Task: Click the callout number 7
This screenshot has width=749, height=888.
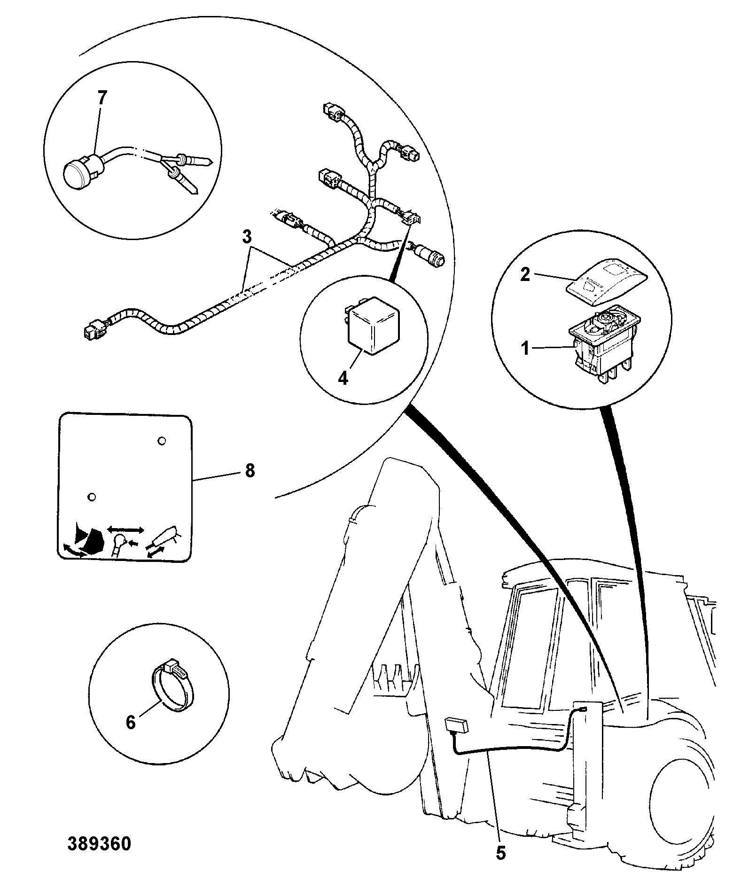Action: [x=101, y=99]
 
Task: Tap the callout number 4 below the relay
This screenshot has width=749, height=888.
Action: [x=343, y=378]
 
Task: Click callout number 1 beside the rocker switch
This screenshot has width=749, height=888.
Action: [x=526, y=349]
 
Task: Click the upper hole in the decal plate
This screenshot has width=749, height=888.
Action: [x=162, y=441]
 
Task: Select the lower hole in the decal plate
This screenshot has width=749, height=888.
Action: [x=92, y=497]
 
